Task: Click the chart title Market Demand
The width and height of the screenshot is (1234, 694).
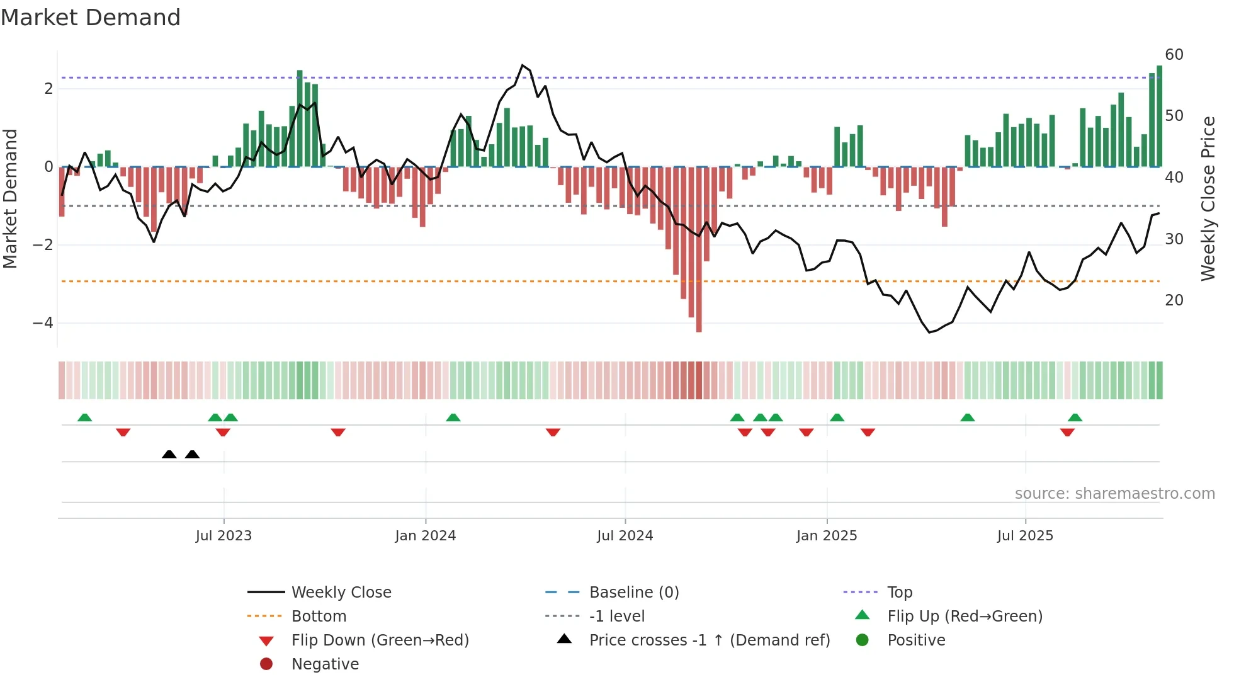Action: [91, 17]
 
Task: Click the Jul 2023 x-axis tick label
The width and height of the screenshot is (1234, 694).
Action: [224, 536]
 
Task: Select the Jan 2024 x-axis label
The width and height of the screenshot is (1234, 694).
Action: [425, 536]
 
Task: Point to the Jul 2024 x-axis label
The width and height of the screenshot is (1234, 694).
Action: [625, 536]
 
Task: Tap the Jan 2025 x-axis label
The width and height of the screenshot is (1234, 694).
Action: [826, 536]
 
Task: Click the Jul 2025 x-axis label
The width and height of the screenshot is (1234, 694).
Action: [1025, 536]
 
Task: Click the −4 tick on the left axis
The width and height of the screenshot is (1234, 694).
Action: [43, 323]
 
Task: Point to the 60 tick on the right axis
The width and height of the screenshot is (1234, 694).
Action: [1174, 55]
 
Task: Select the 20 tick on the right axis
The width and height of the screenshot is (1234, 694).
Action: [1174, 300]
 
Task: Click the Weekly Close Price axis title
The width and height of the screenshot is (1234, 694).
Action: [1208, 198]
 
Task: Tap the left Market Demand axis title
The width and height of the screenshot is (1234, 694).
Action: [11, 198]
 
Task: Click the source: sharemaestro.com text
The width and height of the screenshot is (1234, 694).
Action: [1114, 494]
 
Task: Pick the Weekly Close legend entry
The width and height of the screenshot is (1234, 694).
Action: [341, 593]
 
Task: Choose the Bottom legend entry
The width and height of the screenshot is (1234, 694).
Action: [319, 617]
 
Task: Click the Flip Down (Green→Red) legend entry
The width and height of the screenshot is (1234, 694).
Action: [380, 640]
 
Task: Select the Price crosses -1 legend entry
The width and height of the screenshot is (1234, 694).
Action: [709, 640]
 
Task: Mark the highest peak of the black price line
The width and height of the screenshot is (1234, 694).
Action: [522, 65]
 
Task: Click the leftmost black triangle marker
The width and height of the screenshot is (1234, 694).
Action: [169, 454]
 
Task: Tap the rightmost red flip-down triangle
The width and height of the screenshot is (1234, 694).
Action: [1067, 432]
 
